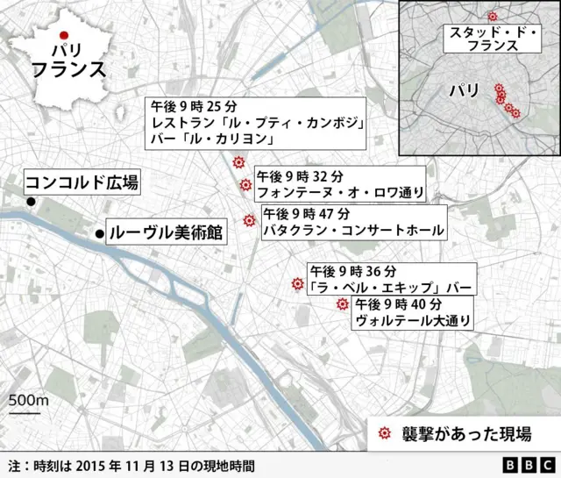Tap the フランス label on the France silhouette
(x=68, y=70)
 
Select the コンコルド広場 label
(x=81, y=183)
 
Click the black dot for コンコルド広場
(x=31, y=203)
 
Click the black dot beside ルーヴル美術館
(x=99, y=233)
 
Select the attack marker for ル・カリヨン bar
(x=238, y=163)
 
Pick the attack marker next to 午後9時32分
(x=245, y=184)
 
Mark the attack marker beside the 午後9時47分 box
(x=249, y=220)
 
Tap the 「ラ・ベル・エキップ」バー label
(x=390, y=287)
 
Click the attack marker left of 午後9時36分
(x=295, y=284)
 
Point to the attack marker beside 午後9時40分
(x=342, y=303)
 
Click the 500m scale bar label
(x=29, y=400)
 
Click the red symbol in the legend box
(x=383, y=434)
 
